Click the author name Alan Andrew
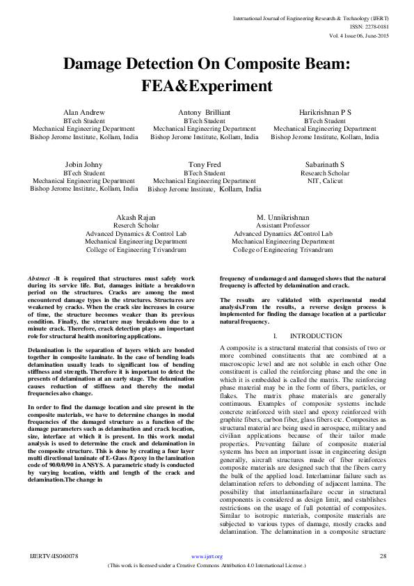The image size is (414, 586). (x=83, y=112)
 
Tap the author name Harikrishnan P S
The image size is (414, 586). (x=325, y=112)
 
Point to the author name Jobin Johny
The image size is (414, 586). (x=83, y=164)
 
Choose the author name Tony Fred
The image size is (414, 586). (x=204, y=164)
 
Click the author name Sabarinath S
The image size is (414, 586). (x=325, y=164)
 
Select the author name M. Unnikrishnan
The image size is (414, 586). (x=282, y=218)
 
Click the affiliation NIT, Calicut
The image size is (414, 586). (x=325, y=181)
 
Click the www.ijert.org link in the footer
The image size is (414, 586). (x=206, y=557)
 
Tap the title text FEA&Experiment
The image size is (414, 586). (x=206, y=86)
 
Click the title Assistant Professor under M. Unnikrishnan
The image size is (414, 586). (x=282, y=226)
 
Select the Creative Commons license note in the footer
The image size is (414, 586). (x=207, y=566)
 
